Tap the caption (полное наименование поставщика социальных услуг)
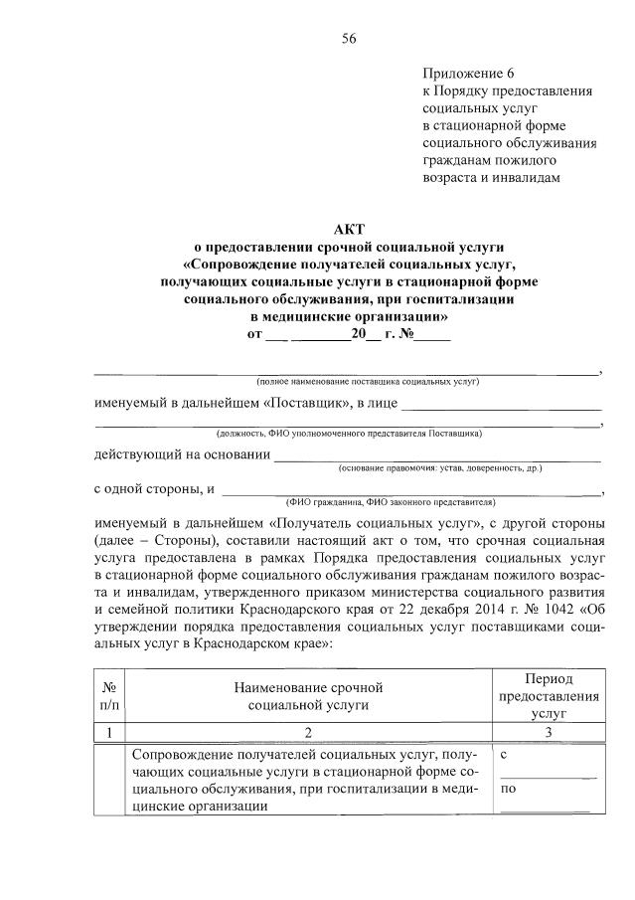coord(368,382)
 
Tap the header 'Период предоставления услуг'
coord(548,695)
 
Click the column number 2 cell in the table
coord(308,733)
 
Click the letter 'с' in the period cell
coord(506,756)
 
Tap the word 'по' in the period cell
coord(509,790)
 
